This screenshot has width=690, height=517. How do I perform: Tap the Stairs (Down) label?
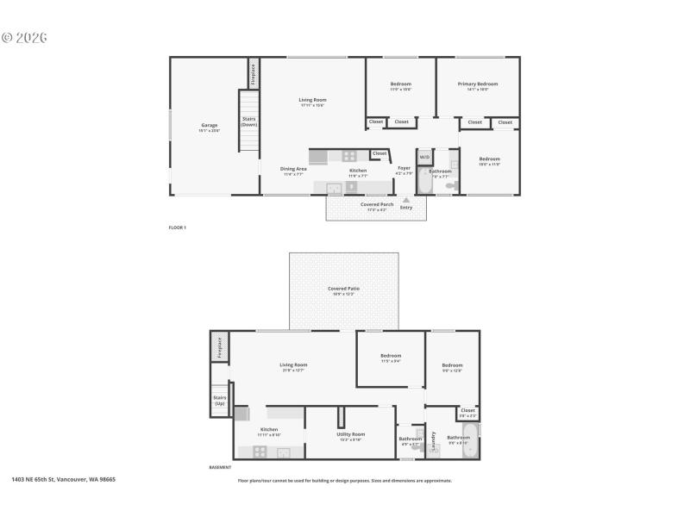click(248, 121)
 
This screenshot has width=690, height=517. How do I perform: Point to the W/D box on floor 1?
click(424, 158)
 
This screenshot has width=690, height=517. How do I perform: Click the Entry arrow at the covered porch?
click(406, 200)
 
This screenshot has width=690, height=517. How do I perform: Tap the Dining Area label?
click(293, 170)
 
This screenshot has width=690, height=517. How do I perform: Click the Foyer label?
click(404, 169)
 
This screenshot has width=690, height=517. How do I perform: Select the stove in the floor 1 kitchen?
click(349, 156)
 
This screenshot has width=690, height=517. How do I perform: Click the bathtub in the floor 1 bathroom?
click(424, 183)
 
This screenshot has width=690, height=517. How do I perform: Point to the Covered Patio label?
click(343, 290)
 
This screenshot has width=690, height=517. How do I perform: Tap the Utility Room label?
click(350, 435)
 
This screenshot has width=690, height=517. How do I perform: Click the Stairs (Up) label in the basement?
click(220, 400)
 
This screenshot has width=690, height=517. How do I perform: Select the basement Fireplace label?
click(219, 346)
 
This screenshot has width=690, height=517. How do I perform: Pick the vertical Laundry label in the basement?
click(433, 440)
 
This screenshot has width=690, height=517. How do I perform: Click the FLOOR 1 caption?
click(177, 227)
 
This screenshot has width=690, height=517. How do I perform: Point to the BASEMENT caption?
click(220, 468)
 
